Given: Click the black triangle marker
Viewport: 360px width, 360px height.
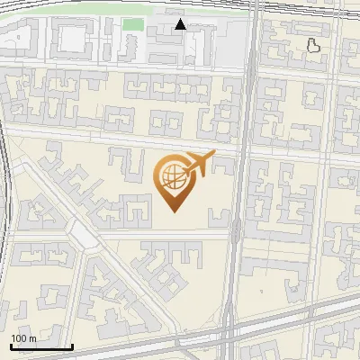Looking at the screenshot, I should pos(181,24).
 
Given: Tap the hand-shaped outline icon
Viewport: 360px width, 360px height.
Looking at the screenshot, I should pos(313,44).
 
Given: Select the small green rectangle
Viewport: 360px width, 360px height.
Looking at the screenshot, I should pos(133,24).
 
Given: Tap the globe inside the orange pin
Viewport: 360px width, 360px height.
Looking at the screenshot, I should pos(172,176).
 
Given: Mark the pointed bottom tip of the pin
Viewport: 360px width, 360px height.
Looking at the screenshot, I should pos(174,212).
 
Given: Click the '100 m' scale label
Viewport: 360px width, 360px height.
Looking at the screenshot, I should pos(23,338).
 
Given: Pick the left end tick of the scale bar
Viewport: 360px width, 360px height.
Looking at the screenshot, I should pos(11,346).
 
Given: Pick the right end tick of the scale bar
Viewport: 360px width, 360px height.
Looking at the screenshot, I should pos(73,346).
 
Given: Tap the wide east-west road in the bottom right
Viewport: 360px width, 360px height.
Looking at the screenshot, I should pos(297,315).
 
